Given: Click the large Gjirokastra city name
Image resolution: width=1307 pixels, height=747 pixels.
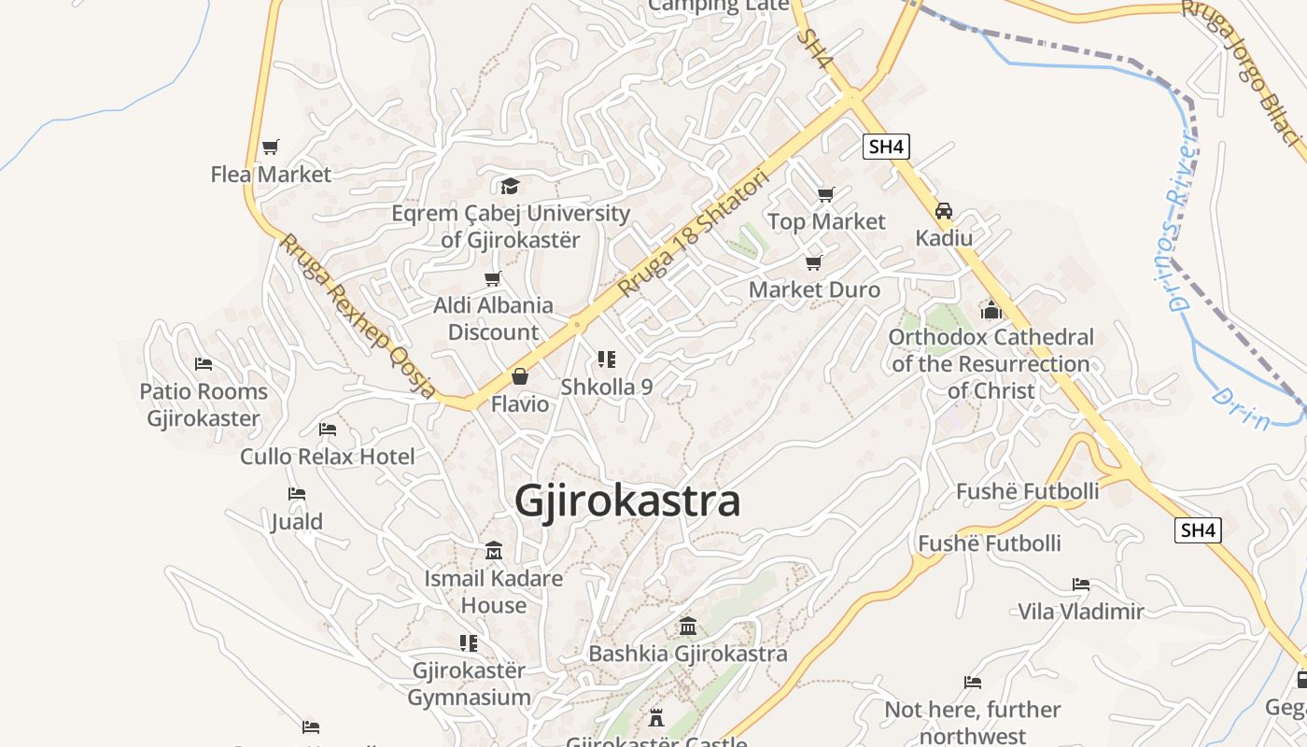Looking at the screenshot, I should pyautogui.click(x=627, y=501).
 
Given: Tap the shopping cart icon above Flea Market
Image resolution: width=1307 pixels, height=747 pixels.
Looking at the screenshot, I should pyautogui.click(x=271, y=147).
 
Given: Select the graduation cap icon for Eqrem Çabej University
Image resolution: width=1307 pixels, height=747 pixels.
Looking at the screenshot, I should pyautogui.click(x=510, y=186).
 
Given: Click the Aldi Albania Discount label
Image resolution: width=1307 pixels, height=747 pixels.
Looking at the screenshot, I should pyautogui.click(x=493, y=318).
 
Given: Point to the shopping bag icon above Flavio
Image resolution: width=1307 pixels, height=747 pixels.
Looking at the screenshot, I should pyautogui.click(x=520, y=376).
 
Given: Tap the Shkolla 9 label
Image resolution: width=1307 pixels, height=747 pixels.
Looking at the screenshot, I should pyautogui.click(x=607, y=387).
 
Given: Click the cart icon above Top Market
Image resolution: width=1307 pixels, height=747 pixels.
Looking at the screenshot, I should pyautogui.click(x=825, y=194).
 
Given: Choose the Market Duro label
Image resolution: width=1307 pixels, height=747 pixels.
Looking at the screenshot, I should pyautogui.click(x=814, y=289).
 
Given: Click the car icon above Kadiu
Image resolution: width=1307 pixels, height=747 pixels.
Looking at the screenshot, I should pyautogui.click(x=944, y=211).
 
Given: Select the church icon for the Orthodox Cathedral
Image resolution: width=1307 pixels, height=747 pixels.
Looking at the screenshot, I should pyautogui.click(x=991, y=309).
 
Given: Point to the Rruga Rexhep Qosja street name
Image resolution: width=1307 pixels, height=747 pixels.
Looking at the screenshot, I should pyautogui.click(x=358, y=316).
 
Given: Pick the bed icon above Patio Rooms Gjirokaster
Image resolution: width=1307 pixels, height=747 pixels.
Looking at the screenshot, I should pyautogui.click(x=204, y=364).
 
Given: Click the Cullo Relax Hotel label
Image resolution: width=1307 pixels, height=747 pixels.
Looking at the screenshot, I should pyautogui.click(x=328, y=457).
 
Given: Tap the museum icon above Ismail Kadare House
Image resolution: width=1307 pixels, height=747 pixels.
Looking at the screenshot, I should pyautogui.click(x=494, y=551).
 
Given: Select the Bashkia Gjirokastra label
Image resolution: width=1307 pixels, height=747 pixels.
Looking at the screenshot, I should pyautogui.click(x=688, y=654).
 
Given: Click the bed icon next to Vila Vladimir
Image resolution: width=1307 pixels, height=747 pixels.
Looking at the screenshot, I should pyautogui.click(x=1081, y=585).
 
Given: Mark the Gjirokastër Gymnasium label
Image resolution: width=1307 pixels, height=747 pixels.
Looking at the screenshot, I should pyautogui.click(x=469, y=684).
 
